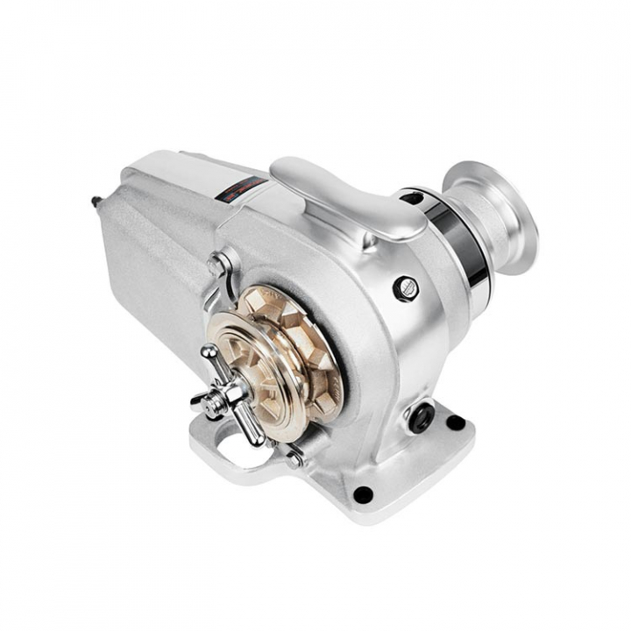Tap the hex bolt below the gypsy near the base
pos(293,456)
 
